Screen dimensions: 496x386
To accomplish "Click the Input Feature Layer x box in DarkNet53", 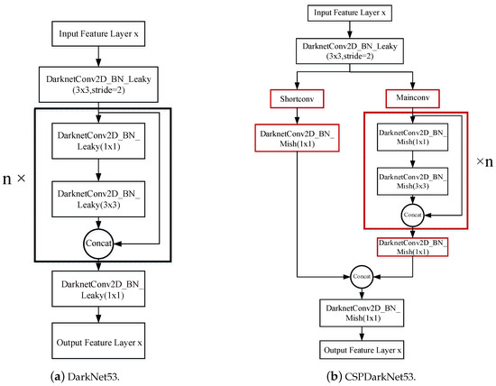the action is click(x=98, y=34).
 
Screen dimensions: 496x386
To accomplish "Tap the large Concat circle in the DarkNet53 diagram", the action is click(x=98, y=244).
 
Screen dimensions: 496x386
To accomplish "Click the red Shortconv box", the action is click(x=297, y=98).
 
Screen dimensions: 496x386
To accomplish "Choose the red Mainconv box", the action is click(x=412, y=98).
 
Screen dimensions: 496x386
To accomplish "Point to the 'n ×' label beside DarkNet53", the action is click(x=14, y=179).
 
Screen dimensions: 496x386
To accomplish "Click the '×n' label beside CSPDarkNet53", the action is click(x=484, y=161).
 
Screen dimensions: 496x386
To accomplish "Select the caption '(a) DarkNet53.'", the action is click(x=85, y=377).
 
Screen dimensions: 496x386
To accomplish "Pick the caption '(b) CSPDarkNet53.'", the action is click(x=371, y=377).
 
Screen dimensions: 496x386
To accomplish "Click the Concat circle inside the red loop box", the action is click(x=412, y=216).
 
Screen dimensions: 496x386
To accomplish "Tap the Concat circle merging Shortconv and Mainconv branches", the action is click(x=362, y=277).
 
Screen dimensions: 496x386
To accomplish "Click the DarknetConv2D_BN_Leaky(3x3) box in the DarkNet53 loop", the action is click(x=98, y=199).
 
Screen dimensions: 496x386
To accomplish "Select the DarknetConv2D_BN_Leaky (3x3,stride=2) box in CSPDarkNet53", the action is click(x=350, y=51).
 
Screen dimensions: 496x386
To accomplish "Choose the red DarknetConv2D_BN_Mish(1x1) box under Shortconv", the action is click(x=297, y=138).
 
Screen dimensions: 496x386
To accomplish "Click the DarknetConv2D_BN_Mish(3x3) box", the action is click(x=412, y=181).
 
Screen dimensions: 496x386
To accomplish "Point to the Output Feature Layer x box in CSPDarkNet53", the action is click(x=362, y=350).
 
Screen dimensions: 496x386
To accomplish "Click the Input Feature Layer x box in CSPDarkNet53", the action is click(x=350, y=13).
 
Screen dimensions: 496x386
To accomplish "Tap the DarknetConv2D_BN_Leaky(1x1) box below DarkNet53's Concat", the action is click(x=98, y=289).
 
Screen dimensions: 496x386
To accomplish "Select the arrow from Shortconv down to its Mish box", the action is click(x=297, y=115).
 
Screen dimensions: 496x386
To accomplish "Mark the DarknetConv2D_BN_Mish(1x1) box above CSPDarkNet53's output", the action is click(x=362, y=313).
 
